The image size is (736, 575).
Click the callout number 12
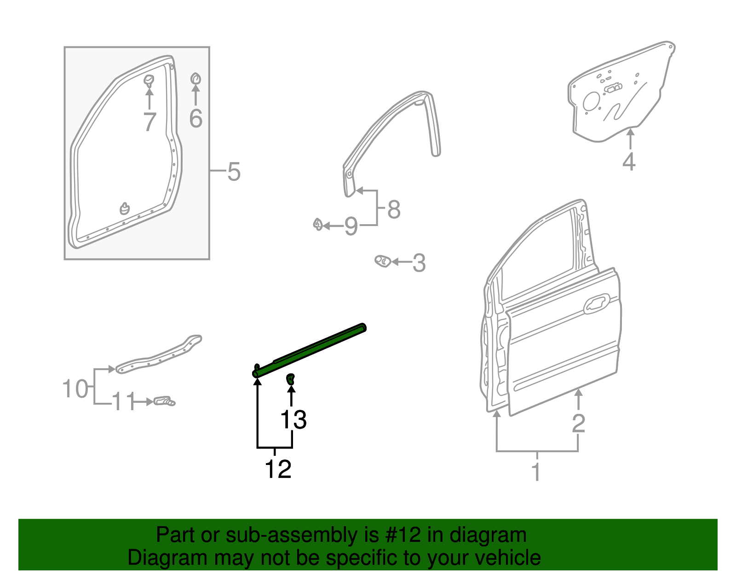pos(278,469)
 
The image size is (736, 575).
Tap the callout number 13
pos(293,420)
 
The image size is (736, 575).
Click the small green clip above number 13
pos(291,379)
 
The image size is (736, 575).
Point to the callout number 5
pos(234,172)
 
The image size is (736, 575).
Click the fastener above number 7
pos(149,81)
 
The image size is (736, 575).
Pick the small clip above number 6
pos(195,79)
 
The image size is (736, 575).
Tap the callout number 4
pos(629,162)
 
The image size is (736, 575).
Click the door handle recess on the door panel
pos(597,304)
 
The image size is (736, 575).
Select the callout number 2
pos(578,423)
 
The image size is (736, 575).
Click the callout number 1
pos(536,472)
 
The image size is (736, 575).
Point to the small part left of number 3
pos(383,261)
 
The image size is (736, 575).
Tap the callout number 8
pos(394,209)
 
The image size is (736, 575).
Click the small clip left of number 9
pos(318,224)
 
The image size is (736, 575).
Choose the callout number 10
pos(75,389)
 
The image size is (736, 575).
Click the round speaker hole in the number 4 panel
pos(591,101)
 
